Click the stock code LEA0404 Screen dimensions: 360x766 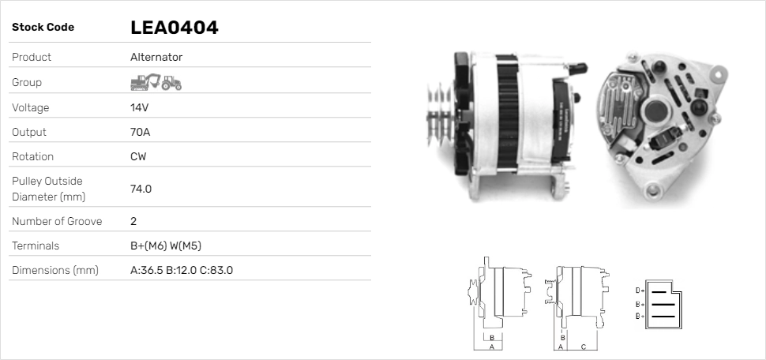pos(174,28)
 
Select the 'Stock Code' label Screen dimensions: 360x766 pos(43,28)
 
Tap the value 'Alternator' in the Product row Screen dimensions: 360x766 pos(156,57)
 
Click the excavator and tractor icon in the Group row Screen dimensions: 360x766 pos(156,82)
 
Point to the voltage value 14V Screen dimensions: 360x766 pos(140,107)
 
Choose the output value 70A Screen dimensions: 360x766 pos(140,132)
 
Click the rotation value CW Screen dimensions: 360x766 pos(138,156)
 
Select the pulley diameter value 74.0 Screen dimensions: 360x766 pos(141,189)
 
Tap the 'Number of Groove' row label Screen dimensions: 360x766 pos(57,221)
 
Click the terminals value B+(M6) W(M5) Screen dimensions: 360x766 pos(171,246)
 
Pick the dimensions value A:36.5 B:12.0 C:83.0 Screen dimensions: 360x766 pos(181,270)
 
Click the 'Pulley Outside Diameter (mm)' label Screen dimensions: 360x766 pos(48,189)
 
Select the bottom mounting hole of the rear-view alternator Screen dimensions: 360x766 pos(652,190)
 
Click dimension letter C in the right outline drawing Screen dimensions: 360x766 pos(583,347)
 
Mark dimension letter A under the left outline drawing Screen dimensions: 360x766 pos(492,347)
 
